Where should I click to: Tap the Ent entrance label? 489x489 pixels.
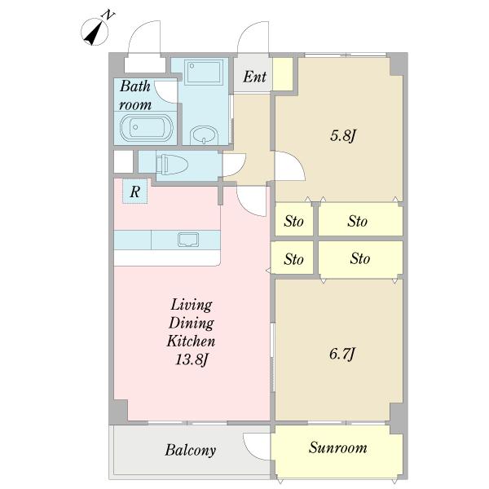[255, 77]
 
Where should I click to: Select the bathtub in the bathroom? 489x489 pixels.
[147, 128]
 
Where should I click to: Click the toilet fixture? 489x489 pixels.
[172, 164]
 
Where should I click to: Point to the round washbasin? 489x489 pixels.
[204, 135]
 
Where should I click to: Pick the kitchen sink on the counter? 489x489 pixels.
[188, 240]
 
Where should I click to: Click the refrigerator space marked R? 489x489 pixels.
[134, 192]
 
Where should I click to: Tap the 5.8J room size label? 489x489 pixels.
[343, 136]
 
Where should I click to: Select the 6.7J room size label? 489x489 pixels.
[342, 355]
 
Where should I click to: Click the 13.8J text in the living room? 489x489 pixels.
[192, 359]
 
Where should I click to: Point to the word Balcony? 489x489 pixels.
[190, 450]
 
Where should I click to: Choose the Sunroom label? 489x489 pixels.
[337, 447]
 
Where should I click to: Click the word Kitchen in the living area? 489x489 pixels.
[191, 341]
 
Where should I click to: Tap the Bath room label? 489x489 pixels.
[135, 95]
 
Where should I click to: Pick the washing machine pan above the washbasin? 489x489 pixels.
[204, 72]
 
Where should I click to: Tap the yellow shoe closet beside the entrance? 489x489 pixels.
[283, 74]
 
